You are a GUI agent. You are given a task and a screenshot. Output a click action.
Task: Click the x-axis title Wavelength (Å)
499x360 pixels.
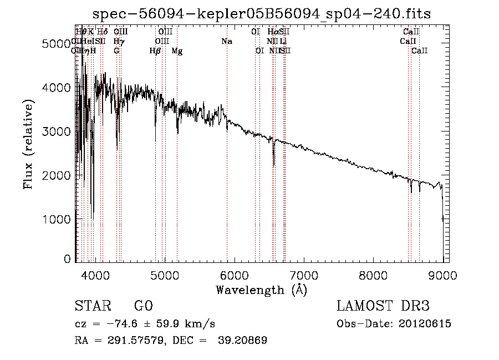261,290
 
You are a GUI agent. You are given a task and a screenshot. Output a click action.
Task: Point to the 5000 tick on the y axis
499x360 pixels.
58,44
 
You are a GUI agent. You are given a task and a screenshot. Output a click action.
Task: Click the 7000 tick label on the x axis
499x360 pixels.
303,274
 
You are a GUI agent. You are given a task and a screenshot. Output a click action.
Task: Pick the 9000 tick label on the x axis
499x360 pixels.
442,274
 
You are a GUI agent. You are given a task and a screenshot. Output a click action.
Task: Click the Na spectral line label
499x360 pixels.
226,41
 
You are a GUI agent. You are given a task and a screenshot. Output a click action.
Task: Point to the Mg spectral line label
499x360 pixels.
177,51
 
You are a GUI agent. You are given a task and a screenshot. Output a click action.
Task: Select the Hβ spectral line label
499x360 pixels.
155,51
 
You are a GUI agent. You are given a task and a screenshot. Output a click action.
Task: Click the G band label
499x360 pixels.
116,51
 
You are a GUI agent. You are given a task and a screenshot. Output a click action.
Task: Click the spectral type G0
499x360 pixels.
143,306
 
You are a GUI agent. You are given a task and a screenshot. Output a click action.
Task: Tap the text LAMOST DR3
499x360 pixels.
383,306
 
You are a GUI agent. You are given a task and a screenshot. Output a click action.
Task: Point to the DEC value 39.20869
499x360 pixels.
244,341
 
